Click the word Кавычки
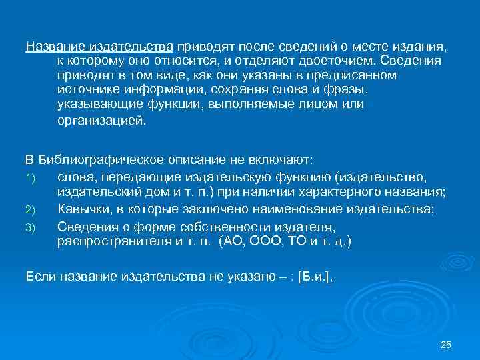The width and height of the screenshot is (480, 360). pos(83,210)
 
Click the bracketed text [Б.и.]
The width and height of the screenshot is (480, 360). pos(313,276)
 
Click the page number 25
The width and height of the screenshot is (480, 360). pos(447,344)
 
